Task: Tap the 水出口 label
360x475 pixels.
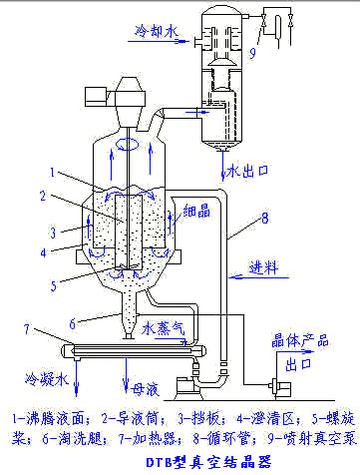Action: pyautogui.click(x=248, y=167)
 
